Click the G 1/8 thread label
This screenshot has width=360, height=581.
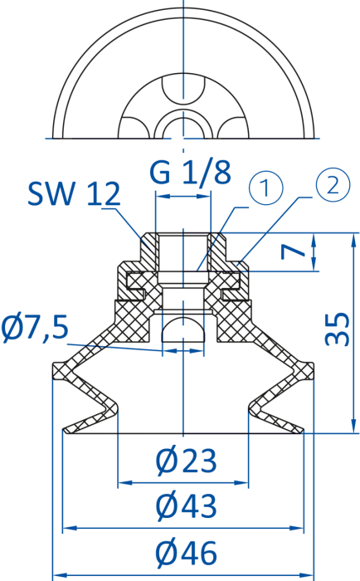[191, 172]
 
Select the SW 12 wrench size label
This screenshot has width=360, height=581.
[74, 193]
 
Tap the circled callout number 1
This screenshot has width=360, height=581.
[266, 188]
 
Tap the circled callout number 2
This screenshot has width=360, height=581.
[333, 184]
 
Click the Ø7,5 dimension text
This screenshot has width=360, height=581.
[35, 328]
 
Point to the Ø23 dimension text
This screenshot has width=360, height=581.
[186, 461]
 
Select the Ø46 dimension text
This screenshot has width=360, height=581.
[186, 553]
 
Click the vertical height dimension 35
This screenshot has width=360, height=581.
[337, 330]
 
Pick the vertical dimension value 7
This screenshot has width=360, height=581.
[294, 252]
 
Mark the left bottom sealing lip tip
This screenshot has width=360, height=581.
[65, 431]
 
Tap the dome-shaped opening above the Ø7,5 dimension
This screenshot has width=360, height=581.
[183, 330]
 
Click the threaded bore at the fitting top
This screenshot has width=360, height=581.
[183, 252]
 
